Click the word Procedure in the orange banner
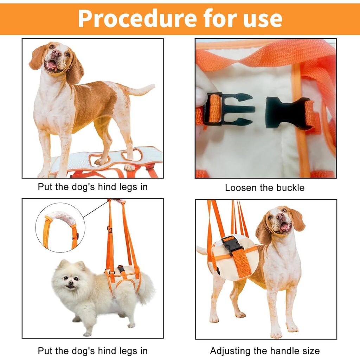click(x=137, y=19)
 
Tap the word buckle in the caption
click(x=290, y=188)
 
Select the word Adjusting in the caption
click(x=230, y=351)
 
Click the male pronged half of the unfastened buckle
click(x=228, y=109)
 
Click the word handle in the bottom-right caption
click(x=285, y=351)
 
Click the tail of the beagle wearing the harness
click(x=202, y=250)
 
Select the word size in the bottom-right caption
click(x=311, y=351)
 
